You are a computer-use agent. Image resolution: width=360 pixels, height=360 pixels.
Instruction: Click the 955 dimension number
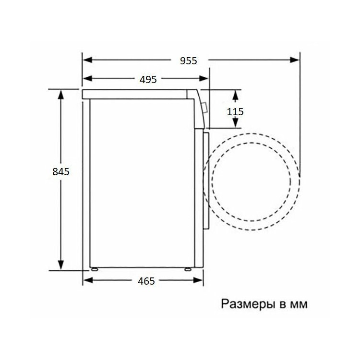pyautogui.click(x=189, y=61)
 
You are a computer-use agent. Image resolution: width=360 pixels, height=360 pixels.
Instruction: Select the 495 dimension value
pyautogui.click(x=148, y=79)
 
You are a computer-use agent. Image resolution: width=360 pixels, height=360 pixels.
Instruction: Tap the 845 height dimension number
pyautogui.click(x=61, y=171)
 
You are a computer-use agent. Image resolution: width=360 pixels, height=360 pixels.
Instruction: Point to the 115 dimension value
pyautogui.click(x=235, y=112)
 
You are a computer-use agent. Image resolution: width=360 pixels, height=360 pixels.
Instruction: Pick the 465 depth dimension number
pyautogui.click(x=146, y=281)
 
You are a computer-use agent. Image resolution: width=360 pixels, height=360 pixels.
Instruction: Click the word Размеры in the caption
pyautogui.click(x=248, y=304)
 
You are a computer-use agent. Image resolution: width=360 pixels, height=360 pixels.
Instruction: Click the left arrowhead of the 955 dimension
pyautogui.click(x=87, y=60)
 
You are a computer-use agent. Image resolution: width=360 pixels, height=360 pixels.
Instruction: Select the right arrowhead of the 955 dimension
pyautogui.click(x=295, y=60)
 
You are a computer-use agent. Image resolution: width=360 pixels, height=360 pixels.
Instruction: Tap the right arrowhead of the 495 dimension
pyautogui.click(x=204, y=79)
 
